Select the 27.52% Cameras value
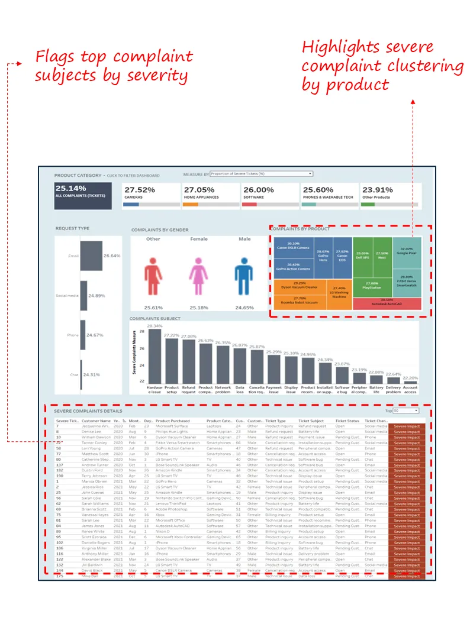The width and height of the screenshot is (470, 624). tap(139, 190)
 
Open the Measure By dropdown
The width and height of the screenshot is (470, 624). tap(261, 174)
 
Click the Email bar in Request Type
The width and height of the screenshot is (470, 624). tap(91, 256)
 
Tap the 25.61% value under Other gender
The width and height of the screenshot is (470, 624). tap(153, 308)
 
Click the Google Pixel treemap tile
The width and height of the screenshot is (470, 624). tap(407, 251)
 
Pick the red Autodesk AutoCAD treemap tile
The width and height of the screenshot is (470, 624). tap(387, 302)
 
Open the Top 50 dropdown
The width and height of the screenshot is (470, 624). tap(405, 410)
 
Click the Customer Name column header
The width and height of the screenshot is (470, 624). tap(96, 421)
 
